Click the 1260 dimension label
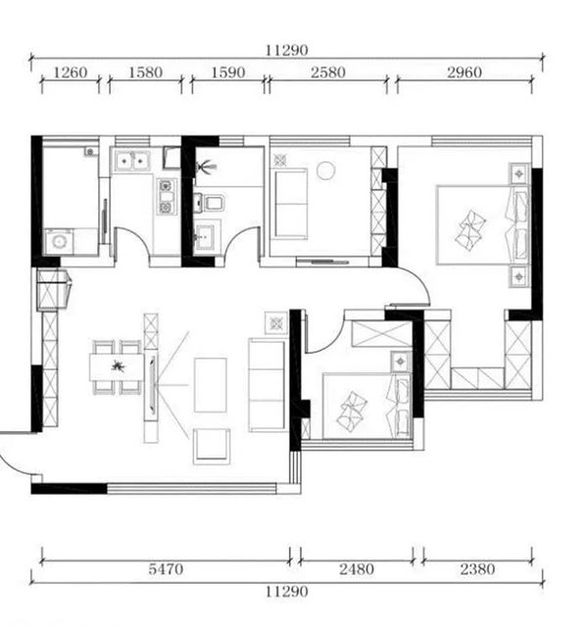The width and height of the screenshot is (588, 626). tap(70, 72)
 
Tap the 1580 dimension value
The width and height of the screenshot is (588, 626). tap(145, 72)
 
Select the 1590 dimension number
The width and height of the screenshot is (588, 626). tap(227, 72)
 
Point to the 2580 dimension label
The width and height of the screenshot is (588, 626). tap(328, 72)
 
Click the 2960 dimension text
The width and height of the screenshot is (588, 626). tap(465, 72)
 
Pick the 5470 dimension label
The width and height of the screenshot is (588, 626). tap(166, 568)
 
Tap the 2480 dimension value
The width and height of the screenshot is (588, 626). tap(357, 568)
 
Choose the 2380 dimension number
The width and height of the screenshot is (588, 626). tap(477, 568)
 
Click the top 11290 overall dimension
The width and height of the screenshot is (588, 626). tap(287, 50)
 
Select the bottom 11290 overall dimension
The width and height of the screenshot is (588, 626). tap(287, 591)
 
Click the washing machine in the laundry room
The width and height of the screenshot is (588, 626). tap(59, 242)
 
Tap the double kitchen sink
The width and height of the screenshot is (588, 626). tap(131, 161)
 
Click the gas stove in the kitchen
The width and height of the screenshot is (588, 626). tap(167, 197)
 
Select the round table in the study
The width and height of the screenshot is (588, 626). tap(326, 170)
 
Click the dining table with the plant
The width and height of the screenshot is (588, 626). tap(117, 367)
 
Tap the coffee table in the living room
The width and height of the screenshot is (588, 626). tap(211, 385)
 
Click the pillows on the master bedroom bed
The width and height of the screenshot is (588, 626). tap(470, 230)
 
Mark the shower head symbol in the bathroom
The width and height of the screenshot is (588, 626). tap(206, 167)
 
